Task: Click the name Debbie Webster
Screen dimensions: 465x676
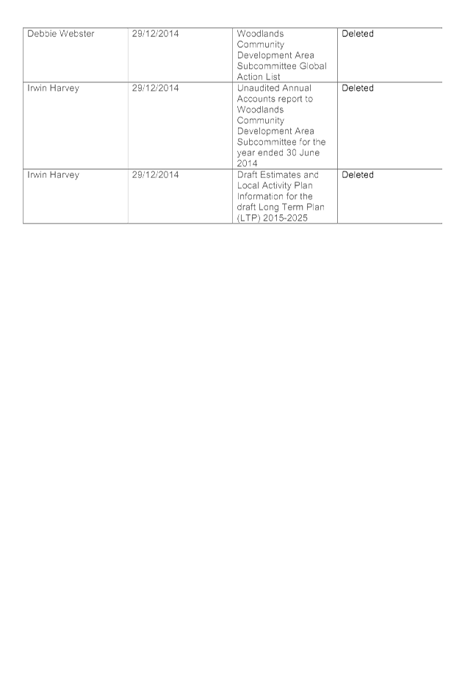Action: (x=61, y=34)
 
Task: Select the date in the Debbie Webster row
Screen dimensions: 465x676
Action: (x=156, y=34)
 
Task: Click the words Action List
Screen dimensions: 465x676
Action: (x=259, y=77)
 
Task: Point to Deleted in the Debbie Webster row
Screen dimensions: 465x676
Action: (x=358, y=34)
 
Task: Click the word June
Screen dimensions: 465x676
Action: (x=309, y=152)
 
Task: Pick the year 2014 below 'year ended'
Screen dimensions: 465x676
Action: (x=247, y=163)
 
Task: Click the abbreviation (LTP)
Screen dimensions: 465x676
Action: (x=249, y=218)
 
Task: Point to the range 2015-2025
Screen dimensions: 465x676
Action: (x=286, y=218)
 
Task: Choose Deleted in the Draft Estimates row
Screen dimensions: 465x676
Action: (x=358, y=174)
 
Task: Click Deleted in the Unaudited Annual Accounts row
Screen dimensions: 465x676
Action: (x=358, y=88)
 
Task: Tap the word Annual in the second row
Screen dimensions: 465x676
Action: (x=296, y=88)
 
